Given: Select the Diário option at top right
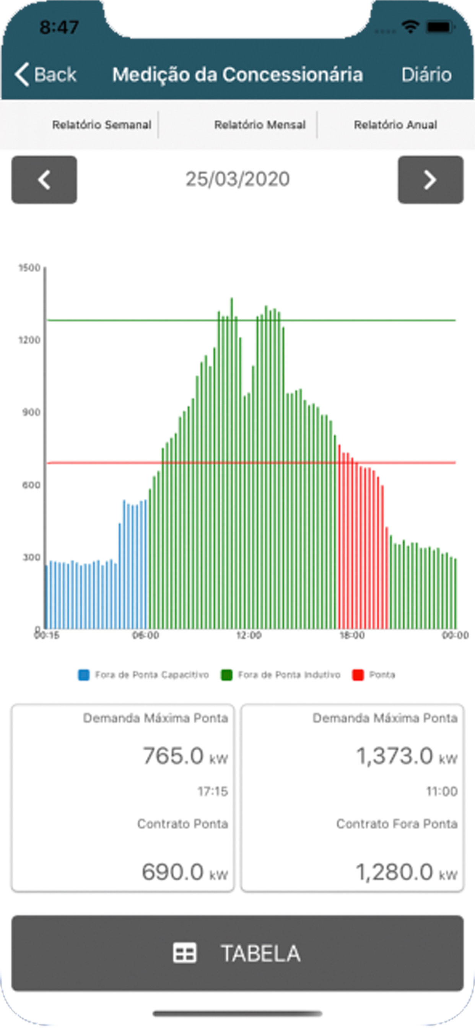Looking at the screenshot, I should pos(426,75).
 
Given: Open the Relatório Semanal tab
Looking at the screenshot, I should pos(101,125).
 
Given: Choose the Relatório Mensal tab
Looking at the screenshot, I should pos(259,125).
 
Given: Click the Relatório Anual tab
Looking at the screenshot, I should pos(395,125).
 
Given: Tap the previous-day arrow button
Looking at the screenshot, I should pos(44,180).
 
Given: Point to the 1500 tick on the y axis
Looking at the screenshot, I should pos(29,268).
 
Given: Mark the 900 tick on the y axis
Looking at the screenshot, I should pos(31,412).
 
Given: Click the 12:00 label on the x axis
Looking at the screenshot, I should pos(248,635).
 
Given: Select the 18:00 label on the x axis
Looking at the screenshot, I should pos(351,635).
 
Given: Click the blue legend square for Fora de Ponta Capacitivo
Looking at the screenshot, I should pos(83,675).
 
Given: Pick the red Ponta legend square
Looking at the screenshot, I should pos(358,675).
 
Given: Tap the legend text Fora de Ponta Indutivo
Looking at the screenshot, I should pos(289,675).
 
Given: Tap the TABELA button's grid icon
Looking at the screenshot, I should pos(184,953).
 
